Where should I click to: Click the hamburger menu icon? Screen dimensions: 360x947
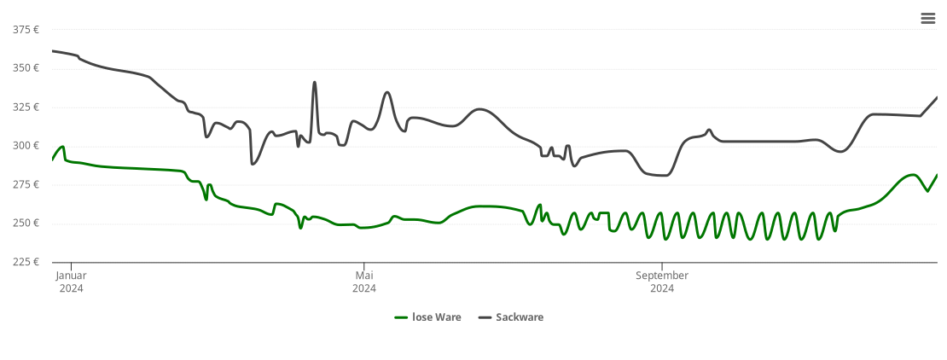click(927, 19)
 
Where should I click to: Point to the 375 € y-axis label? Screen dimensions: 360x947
click(26, 30)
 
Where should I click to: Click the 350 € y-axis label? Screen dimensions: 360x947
click(26, 68)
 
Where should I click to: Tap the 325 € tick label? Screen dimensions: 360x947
click(26, 107)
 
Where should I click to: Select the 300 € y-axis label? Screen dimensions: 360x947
click(26, 146)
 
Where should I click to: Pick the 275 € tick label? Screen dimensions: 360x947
click(26, 185)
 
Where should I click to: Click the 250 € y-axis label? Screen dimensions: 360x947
click(26, 224)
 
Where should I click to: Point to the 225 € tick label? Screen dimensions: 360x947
click(26, 262)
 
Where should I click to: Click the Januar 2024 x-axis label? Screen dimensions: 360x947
click(72, 282)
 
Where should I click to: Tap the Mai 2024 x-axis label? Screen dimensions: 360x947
click(364, 282)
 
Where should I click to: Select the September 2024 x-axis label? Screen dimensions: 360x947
click(662, 282)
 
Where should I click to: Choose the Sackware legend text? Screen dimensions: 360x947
click(520, 317)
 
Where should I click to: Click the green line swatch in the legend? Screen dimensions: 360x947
click(401, 317)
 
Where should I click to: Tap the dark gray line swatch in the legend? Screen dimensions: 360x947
click(485, 317)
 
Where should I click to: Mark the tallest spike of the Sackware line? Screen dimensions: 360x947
click(315, 83)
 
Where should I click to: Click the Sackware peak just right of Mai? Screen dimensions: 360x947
click(387, 92)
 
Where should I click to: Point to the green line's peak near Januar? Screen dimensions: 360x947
click(62, 147)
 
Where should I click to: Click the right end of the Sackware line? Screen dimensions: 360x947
click(937, 97)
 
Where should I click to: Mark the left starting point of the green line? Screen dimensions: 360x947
click(53, 160)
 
